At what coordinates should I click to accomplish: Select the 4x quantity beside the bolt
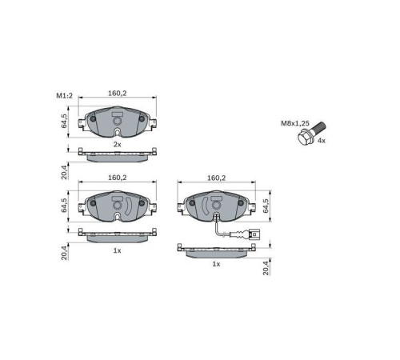point(322,141)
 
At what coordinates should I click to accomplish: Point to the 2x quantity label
point(117,144)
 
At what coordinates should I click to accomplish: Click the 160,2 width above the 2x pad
point(118,94)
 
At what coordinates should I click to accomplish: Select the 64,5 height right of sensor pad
point(265,206)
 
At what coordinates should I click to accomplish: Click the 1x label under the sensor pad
point(215,263)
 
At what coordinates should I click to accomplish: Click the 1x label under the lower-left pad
point(117,250)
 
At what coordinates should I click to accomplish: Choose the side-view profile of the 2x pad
point(117,154)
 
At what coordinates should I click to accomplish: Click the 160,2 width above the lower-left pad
point(118,178)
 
